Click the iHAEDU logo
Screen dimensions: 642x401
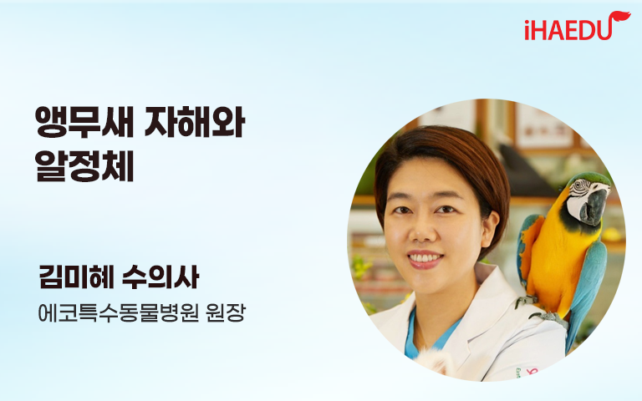[x=578, y=27]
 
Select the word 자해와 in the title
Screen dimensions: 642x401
[x=195, y=122]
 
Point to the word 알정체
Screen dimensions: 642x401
[x=84, y=166]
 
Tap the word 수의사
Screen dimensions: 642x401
[x=160, y=277]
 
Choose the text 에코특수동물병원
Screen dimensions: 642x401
[x=119, y=312]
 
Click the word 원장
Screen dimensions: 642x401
[x=226, y=312]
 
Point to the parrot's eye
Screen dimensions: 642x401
[x=579, y=185]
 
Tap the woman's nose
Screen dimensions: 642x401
[x=420, y=231]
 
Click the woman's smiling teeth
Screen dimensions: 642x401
[x=425, y=258]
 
